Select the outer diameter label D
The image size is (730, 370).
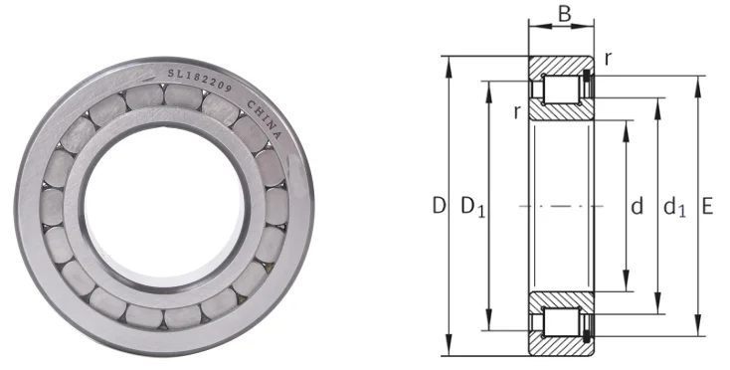437,207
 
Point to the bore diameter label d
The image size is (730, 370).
638,207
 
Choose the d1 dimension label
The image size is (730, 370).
674,208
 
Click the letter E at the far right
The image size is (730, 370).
707,207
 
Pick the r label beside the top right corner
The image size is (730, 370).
607,58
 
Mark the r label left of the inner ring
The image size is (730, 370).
517,111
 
